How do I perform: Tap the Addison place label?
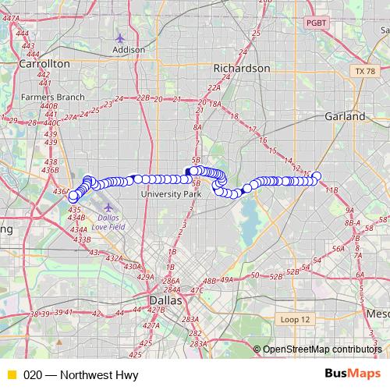[129, 49]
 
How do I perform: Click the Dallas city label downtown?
[165, 300]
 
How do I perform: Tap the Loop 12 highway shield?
[295, 320]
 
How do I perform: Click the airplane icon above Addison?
[119, 37]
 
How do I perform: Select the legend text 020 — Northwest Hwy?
[69, 374]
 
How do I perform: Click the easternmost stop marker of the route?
[317, 176]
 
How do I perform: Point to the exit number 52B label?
[275, 275]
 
